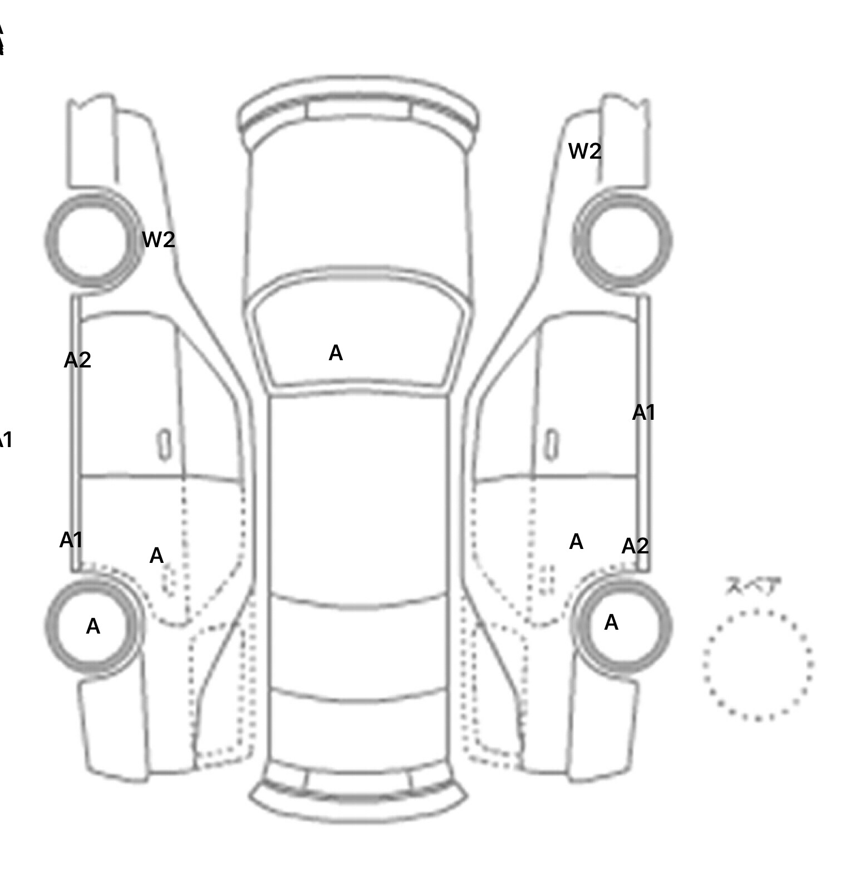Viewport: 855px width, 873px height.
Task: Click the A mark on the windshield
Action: pos(336,353)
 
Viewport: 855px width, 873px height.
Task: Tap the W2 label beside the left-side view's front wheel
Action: pos(159,240)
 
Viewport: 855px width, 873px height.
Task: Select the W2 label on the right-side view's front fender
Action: pos(584,151)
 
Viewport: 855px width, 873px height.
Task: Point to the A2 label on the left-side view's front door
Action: pos(77,360)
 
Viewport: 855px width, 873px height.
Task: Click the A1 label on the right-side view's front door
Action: pos(643,413)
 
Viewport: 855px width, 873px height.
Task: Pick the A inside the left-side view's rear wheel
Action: pos(93,627)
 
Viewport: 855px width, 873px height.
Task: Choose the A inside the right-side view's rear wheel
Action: pos(611,622)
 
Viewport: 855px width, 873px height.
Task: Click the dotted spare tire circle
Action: pos(758,665)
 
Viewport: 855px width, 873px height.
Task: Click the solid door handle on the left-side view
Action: pos(165,445)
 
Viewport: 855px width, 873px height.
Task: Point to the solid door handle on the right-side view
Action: pos(552,445)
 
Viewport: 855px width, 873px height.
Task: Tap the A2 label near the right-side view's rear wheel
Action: pos(635,546)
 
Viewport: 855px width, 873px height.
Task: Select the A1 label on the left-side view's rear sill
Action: pos(71,540)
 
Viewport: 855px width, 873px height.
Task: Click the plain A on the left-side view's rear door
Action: pos(156,556)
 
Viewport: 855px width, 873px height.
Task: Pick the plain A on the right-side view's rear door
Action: pos(576,542)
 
